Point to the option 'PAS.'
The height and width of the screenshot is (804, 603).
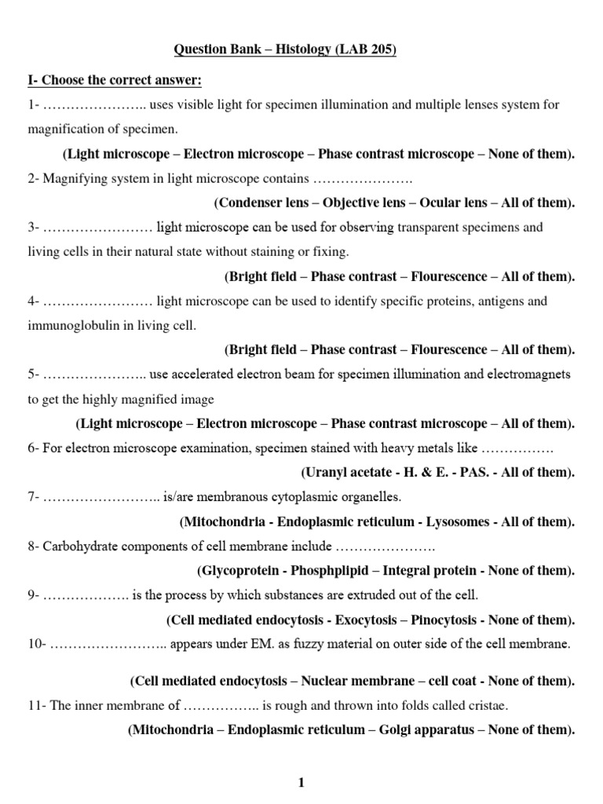point(465,473)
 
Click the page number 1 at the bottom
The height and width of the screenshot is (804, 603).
point(300,782)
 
